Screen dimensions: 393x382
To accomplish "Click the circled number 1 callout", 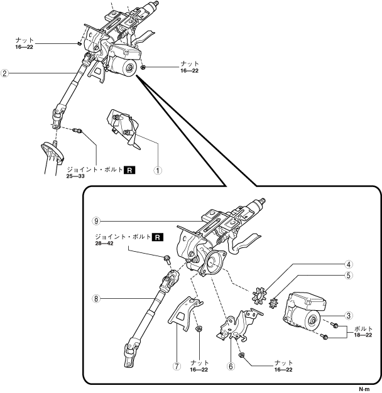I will [159, 170].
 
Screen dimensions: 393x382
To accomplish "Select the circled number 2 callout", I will [5, 73].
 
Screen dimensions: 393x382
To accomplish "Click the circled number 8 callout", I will [95, 299].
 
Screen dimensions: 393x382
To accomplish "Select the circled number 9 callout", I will [95, 220].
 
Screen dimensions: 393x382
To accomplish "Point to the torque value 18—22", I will [364, 335].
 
